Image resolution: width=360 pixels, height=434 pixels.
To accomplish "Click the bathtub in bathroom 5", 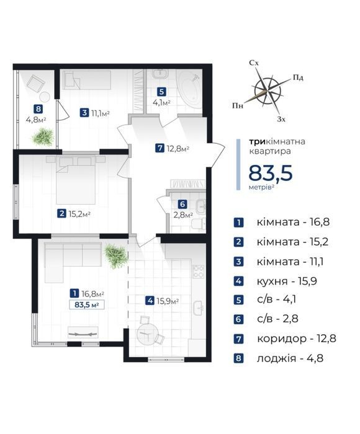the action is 189,89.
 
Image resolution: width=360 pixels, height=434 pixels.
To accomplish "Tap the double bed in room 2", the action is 76,180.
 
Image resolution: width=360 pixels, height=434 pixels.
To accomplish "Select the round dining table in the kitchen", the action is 147,334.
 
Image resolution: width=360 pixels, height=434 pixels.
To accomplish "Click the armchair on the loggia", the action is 36,82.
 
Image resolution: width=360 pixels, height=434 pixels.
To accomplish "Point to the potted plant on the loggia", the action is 43,136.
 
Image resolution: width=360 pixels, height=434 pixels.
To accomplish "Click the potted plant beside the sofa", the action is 116,255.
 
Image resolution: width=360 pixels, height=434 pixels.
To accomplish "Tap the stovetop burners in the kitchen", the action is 199,272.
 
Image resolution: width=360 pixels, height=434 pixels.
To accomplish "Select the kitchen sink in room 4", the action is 199,308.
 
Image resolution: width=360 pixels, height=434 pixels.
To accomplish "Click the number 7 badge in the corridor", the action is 160,148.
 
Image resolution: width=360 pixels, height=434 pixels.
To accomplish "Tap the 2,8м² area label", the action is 183,215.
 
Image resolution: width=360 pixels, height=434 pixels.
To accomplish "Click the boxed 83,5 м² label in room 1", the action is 87,305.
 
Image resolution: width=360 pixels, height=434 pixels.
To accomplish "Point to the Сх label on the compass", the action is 254,63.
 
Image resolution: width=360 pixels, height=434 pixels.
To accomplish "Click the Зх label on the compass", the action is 281,119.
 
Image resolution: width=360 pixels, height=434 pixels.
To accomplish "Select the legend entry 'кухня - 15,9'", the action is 287,281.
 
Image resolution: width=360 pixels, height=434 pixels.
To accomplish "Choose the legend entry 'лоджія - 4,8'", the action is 290,358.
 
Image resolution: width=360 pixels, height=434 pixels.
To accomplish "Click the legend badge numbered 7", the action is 238,339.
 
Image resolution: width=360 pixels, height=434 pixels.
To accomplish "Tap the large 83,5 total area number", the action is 271,173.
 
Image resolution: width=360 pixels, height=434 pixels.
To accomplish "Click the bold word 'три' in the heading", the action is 258,142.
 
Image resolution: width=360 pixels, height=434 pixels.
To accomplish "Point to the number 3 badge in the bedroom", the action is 84,113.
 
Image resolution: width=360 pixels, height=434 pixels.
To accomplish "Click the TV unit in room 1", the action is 83,332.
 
